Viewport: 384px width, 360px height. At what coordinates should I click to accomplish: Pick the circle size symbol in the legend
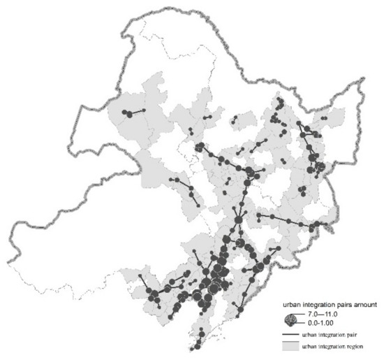point(289,319)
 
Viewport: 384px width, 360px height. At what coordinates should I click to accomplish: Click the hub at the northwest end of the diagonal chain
point(200,147)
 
